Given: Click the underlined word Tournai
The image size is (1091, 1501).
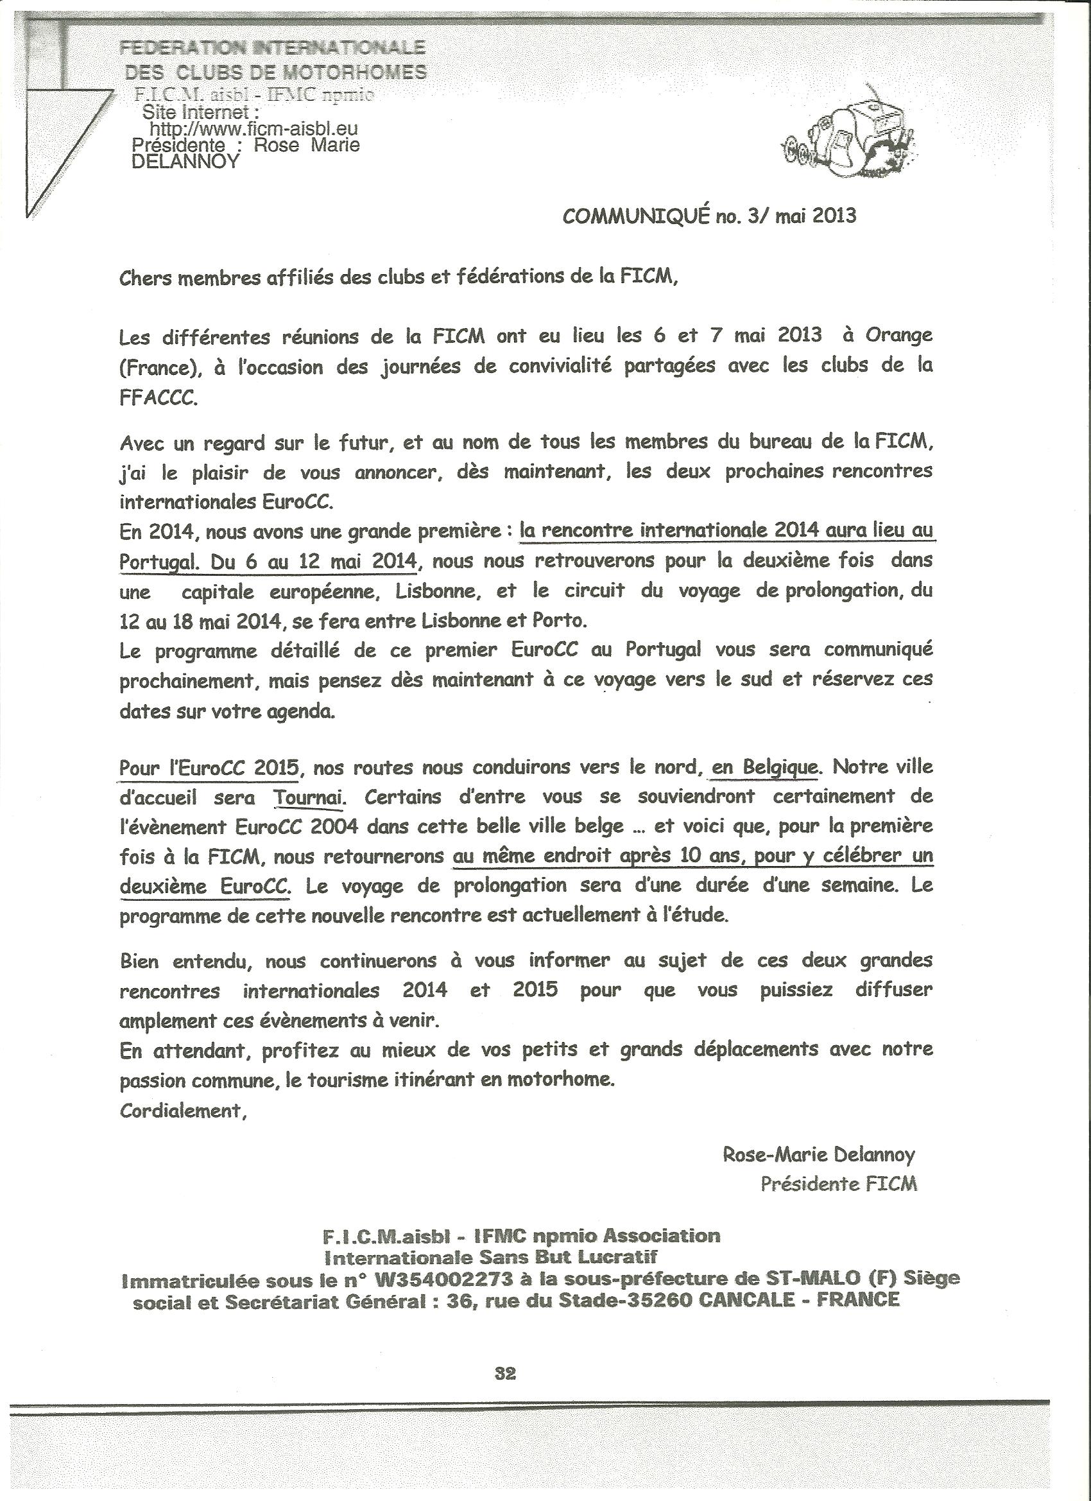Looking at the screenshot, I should pos(309,797).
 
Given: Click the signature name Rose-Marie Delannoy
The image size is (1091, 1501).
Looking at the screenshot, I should pos(819,1156).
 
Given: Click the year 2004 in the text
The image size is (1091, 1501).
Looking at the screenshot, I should pos(339,827).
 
